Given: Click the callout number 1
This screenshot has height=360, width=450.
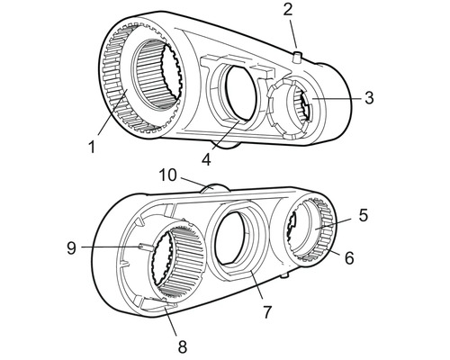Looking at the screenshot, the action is pos(92,148).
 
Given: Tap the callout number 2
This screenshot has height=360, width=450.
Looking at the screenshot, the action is pos(287,10).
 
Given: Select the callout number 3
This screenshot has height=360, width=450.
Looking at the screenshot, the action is pos(370,98).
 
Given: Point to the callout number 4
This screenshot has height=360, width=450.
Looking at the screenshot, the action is pos(206,159).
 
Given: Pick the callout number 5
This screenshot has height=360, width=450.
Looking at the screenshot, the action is pos(364,215).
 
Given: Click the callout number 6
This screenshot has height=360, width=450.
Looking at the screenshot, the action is pos(349,258).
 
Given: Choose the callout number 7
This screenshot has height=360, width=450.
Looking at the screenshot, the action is pos(266,312).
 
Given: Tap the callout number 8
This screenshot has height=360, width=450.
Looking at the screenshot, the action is pos(183,347).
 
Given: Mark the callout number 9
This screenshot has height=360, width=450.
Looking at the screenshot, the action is pos(71,248).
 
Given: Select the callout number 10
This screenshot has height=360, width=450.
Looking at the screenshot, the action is pos(167,175).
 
